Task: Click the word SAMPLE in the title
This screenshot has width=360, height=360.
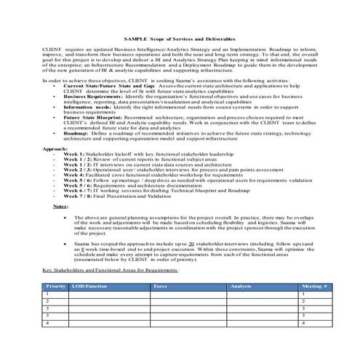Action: pos(135,37)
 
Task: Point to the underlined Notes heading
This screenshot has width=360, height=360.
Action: pos(62,228)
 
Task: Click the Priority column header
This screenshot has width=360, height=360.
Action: pos(56,308)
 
